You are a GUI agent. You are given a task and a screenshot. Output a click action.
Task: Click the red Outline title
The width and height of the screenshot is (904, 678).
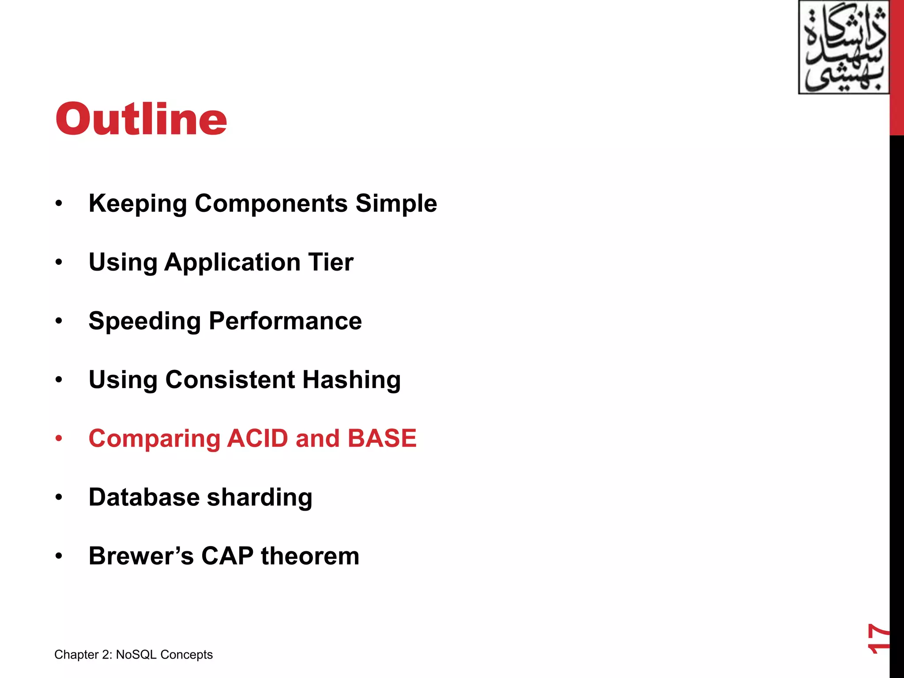141,119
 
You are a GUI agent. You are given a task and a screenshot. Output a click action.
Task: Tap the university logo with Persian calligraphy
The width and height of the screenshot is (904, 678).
844,47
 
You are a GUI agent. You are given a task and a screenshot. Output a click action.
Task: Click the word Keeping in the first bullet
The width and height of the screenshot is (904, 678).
138,204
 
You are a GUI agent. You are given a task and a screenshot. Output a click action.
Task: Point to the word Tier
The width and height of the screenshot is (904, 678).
331,262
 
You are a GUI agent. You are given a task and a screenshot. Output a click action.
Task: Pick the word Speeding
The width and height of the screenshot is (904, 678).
145,321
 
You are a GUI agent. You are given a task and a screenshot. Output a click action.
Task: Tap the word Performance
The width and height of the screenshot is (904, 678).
285,321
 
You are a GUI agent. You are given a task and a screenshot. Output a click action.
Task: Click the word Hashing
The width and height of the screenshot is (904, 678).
351,380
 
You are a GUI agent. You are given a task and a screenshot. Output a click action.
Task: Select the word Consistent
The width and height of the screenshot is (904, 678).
230,380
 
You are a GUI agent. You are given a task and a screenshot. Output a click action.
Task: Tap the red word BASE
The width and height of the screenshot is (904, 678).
382,438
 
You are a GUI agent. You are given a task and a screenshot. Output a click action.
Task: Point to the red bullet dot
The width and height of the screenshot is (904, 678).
59,438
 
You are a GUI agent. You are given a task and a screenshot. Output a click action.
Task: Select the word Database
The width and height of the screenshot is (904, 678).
144,497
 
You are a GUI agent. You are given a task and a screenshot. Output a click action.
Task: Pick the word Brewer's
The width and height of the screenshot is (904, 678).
141,556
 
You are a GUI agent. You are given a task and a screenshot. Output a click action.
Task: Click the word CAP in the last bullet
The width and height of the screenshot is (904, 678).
227,556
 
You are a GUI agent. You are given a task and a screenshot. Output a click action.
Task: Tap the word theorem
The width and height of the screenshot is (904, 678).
310,556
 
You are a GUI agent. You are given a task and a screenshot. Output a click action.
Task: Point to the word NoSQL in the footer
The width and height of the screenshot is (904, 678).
136,655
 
